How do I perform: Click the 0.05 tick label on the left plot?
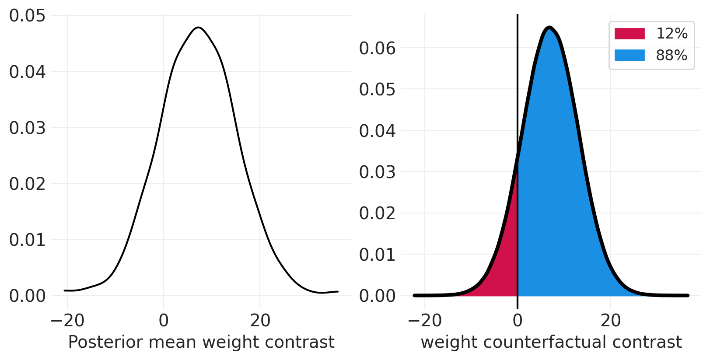point(27,16)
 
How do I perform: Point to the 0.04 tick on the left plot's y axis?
point(27,72)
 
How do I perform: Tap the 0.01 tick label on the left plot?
point(27,240)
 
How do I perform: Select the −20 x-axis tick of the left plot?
point(67,321)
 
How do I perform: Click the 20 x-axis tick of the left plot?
point(260,321)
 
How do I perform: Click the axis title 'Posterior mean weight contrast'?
point(201,342)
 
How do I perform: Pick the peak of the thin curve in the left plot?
point(199,28)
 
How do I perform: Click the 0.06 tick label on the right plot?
point(377,48)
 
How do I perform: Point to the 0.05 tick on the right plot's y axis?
point(377,89)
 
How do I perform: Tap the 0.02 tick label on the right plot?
point(377,213)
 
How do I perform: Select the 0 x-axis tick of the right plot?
point(518,321)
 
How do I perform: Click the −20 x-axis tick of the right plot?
point(425,321)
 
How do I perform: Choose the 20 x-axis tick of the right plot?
point(611,321)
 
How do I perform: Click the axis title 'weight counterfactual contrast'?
point(551,342)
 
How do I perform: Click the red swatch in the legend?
point(630,34)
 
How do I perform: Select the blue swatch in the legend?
point(630,56)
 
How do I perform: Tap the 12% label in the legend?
point(672,34)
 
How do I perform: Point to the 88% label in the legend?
point(672,56)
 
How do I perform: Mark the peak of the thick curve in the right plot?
point(549,28)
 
